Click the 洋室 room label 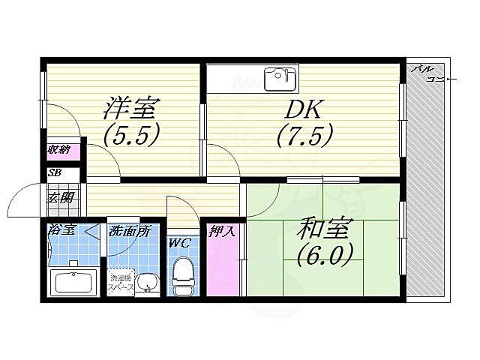click(130, 109)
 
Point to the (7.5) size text click(304, 137)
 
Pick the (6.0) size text click(323, 256)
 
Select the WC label click(179, 243)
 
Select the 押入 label click(222, 230)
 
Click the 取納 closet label click(59, 151)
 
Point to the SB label click(54, 173)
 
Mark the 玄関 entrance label click(61, 198)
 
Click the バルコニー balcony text click(429, 73)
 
